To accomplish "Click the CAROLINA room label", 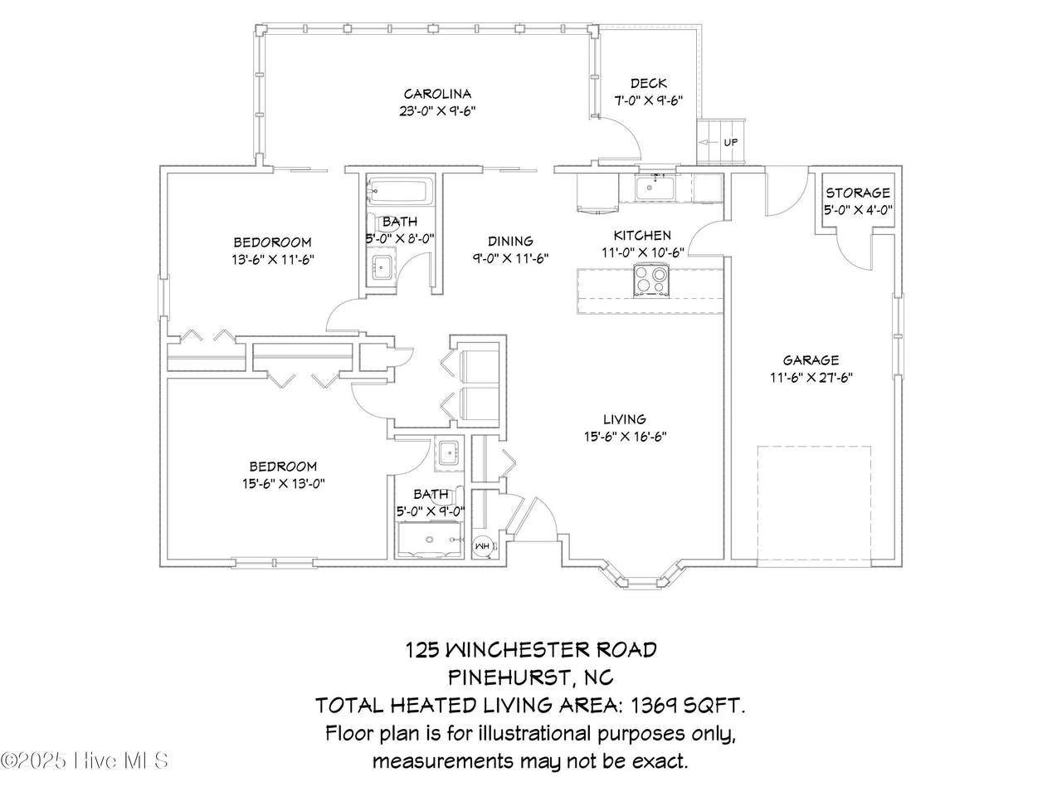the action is click(x=437, y=93).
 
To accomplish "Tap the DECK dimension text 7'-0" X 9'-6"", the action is click(x=648, y=100).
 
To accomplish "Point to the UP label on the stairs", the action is click(x=731, y=142).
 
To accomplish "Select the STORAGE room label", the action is click(x=858, y=193).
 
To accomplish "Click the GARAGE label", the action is click(x=811, y=360).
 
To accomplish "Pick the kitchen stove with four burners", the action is click(x=651, y=281).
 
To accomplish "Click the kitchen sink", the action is click(x=655, y=188).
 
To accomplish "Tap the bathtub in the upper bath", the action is click(x=400, y=191).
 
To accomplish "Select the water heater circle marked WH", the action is click(x=483, y=546).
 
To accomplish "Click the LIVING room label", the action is click(x=624, y=419).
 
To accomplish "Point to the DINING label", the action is click(x=510, y=241).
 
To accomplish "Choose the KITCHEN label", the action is click(x=642, y=236).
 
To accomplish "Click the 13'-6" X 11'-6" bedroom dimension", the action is click(x=273, y=260).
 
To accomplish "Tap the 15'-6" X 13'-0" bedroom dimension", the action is click(x=284, y=483).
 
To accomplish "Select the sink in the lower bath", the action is click(x=450, y=454).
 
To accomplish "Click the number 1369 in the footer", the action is click(x=651, y=706).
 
